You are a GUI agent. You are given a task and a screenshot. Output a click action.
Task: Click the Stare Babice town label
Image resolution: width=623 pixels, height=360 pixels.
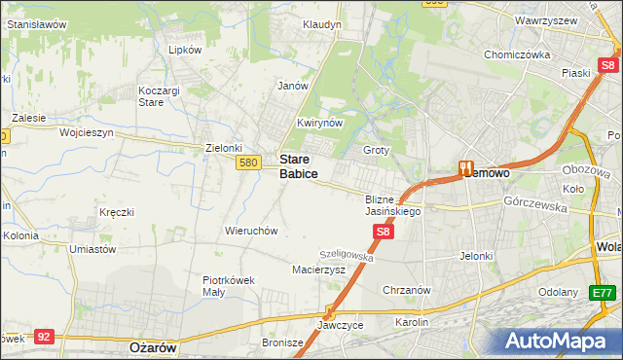[x=298, y=165]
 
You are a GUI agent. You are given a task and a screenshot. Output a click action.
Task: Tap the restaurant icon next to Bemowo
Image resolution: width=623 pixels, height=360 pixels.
[x=465, y=168]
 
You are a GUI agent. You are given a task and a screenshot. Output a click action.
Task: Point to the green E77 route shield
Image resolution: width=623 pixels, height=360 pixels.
[x=604, y=292]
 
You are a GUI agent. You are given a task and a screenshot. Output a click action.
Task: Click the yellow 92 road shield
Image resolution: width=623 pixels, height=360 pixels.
[x=43, y=336]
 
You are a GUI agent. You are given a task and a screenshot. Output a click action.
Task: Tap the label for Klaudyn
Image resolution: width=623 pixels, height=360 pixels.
[x=321, y=24]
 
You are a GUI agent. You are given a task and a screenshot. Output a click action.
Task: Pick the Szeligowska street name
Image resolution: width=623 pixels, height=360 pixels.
[x=347, y=254]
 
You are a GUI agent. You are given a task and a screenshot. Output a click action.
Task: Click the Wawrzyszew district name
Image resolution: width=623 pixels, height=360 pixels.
[x=541, y=19]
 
